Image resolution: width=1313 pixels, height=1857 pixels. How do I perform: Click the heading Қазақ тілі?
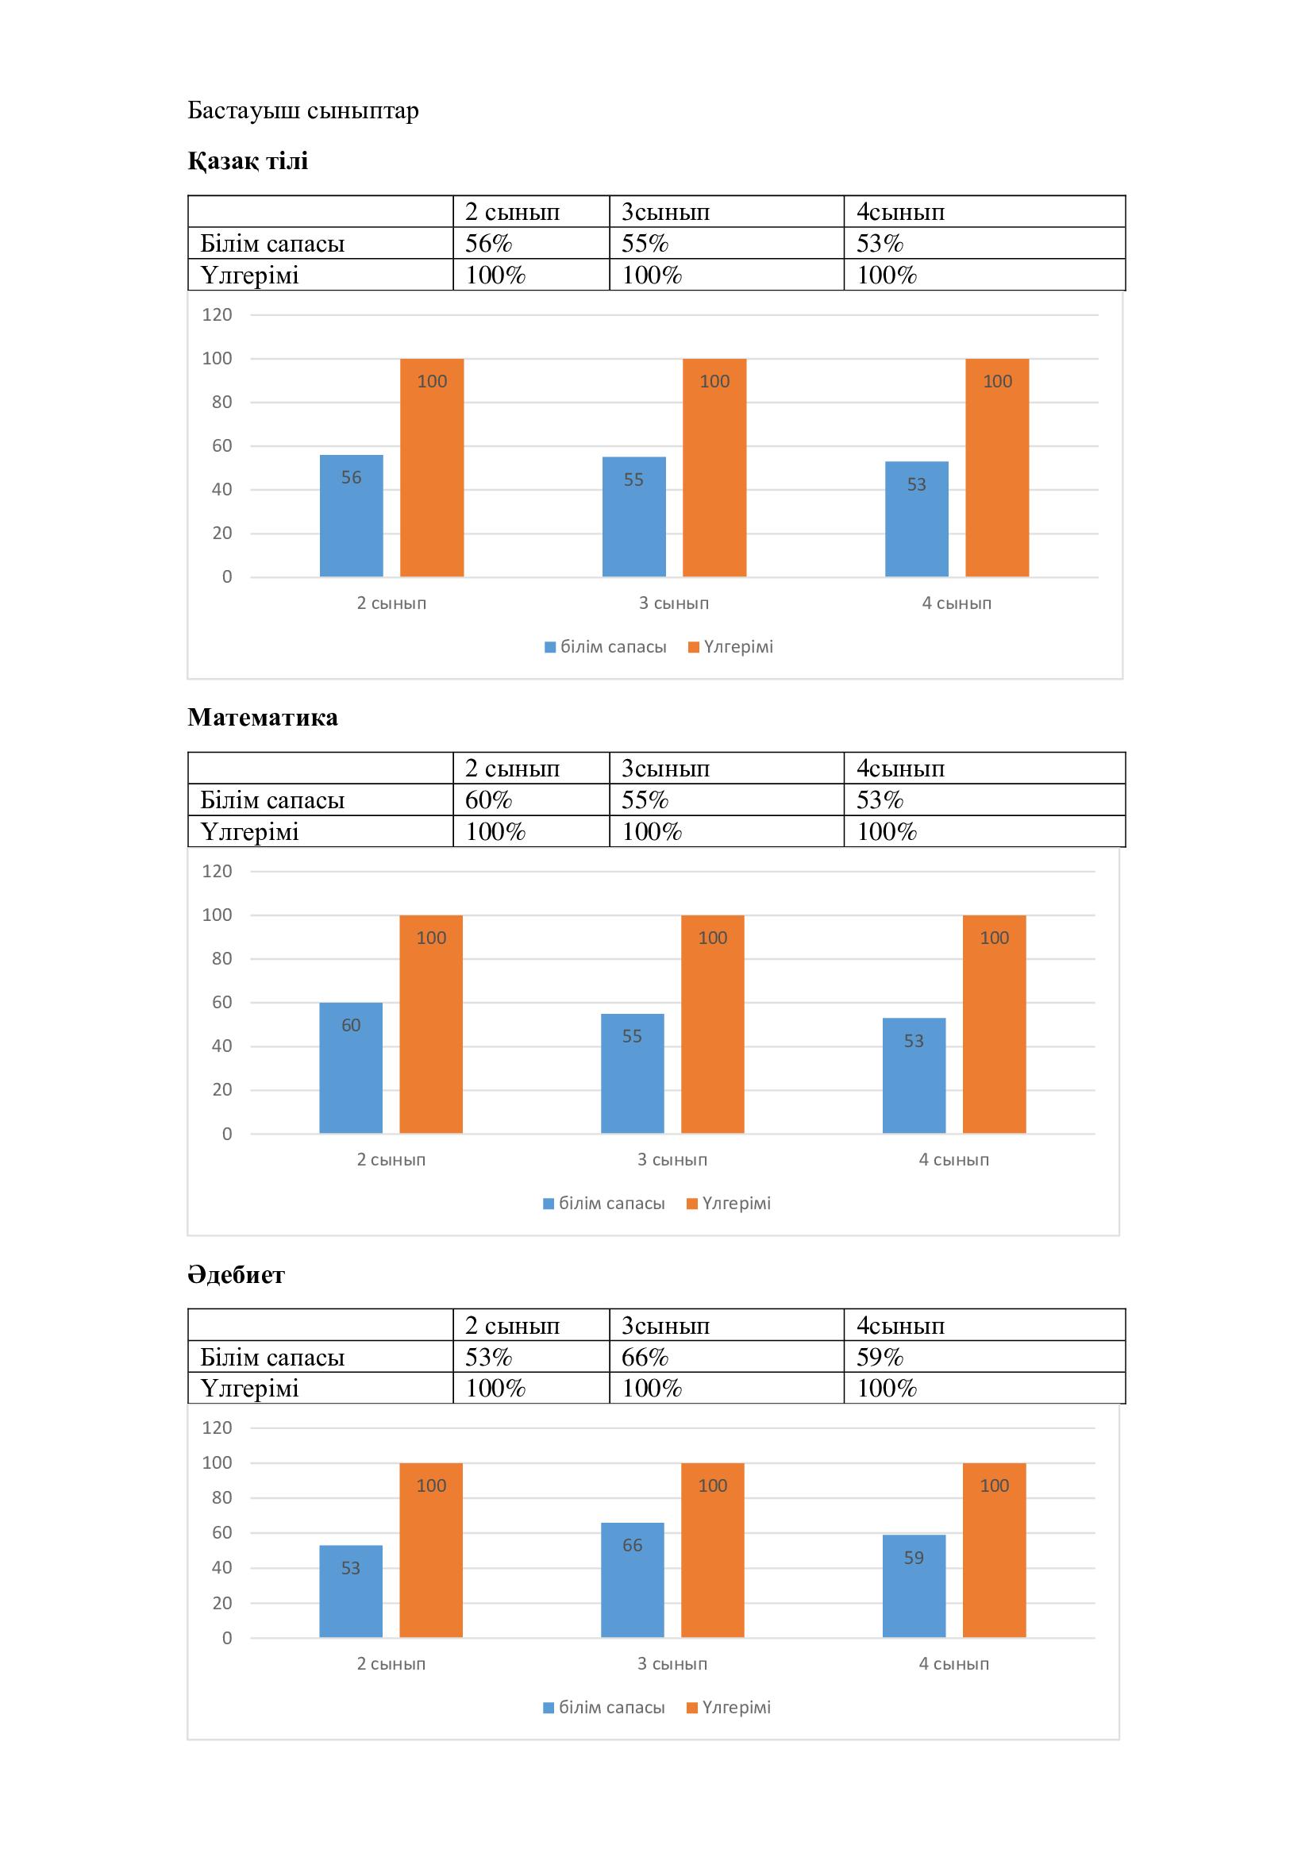coord(248,161)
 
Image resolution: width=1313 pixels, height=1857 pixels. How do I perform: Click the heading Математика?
coord(263,718)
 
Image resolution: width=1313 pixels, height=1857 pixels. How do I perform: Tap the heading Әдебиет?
coord(236,1275)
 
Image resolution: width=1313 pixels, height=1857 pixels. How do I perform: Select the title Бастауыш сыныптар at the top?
coord(303,110)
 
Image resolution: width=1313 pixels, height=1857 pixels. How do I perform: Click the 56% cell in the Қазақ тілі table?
coord(488,244)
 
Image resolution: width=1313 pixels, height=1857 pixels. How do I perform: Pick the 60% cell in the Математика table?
coord(488,800)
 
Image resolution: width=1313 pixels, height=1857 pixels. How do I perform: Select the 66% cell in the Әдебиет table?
coord(645,1356)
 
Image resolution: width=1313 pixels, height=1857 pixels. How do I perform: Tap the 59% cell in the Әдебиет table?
coord(880,1356)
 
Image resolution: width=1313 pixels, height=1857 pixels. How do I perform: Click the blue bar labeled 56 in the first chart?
coord(351,518)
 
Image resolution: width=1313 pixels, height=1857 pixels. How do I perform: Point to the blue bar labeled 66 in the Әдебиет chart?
coord(632,1582)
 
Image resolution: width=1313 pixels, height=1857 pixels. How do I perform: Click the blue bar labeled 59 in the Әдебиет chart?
coord(914,1587)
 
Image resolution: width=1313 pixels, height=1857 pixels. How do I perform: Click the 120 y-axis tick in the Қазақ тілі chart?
coord(217,314)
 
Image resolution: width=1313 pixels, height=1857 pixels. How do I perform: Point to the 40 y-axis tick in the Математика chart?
coord(221,1046)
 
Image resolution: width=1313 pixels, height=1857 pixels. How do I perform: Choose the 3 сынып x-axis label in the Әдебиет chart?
coord(672,1664)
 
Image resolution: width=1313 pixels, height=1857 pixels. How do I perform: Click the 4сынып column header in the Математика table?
coord(901,769)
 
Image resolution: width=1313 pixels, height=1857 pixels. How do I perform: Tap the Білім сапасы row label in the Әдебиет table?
coord(272,1356)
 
